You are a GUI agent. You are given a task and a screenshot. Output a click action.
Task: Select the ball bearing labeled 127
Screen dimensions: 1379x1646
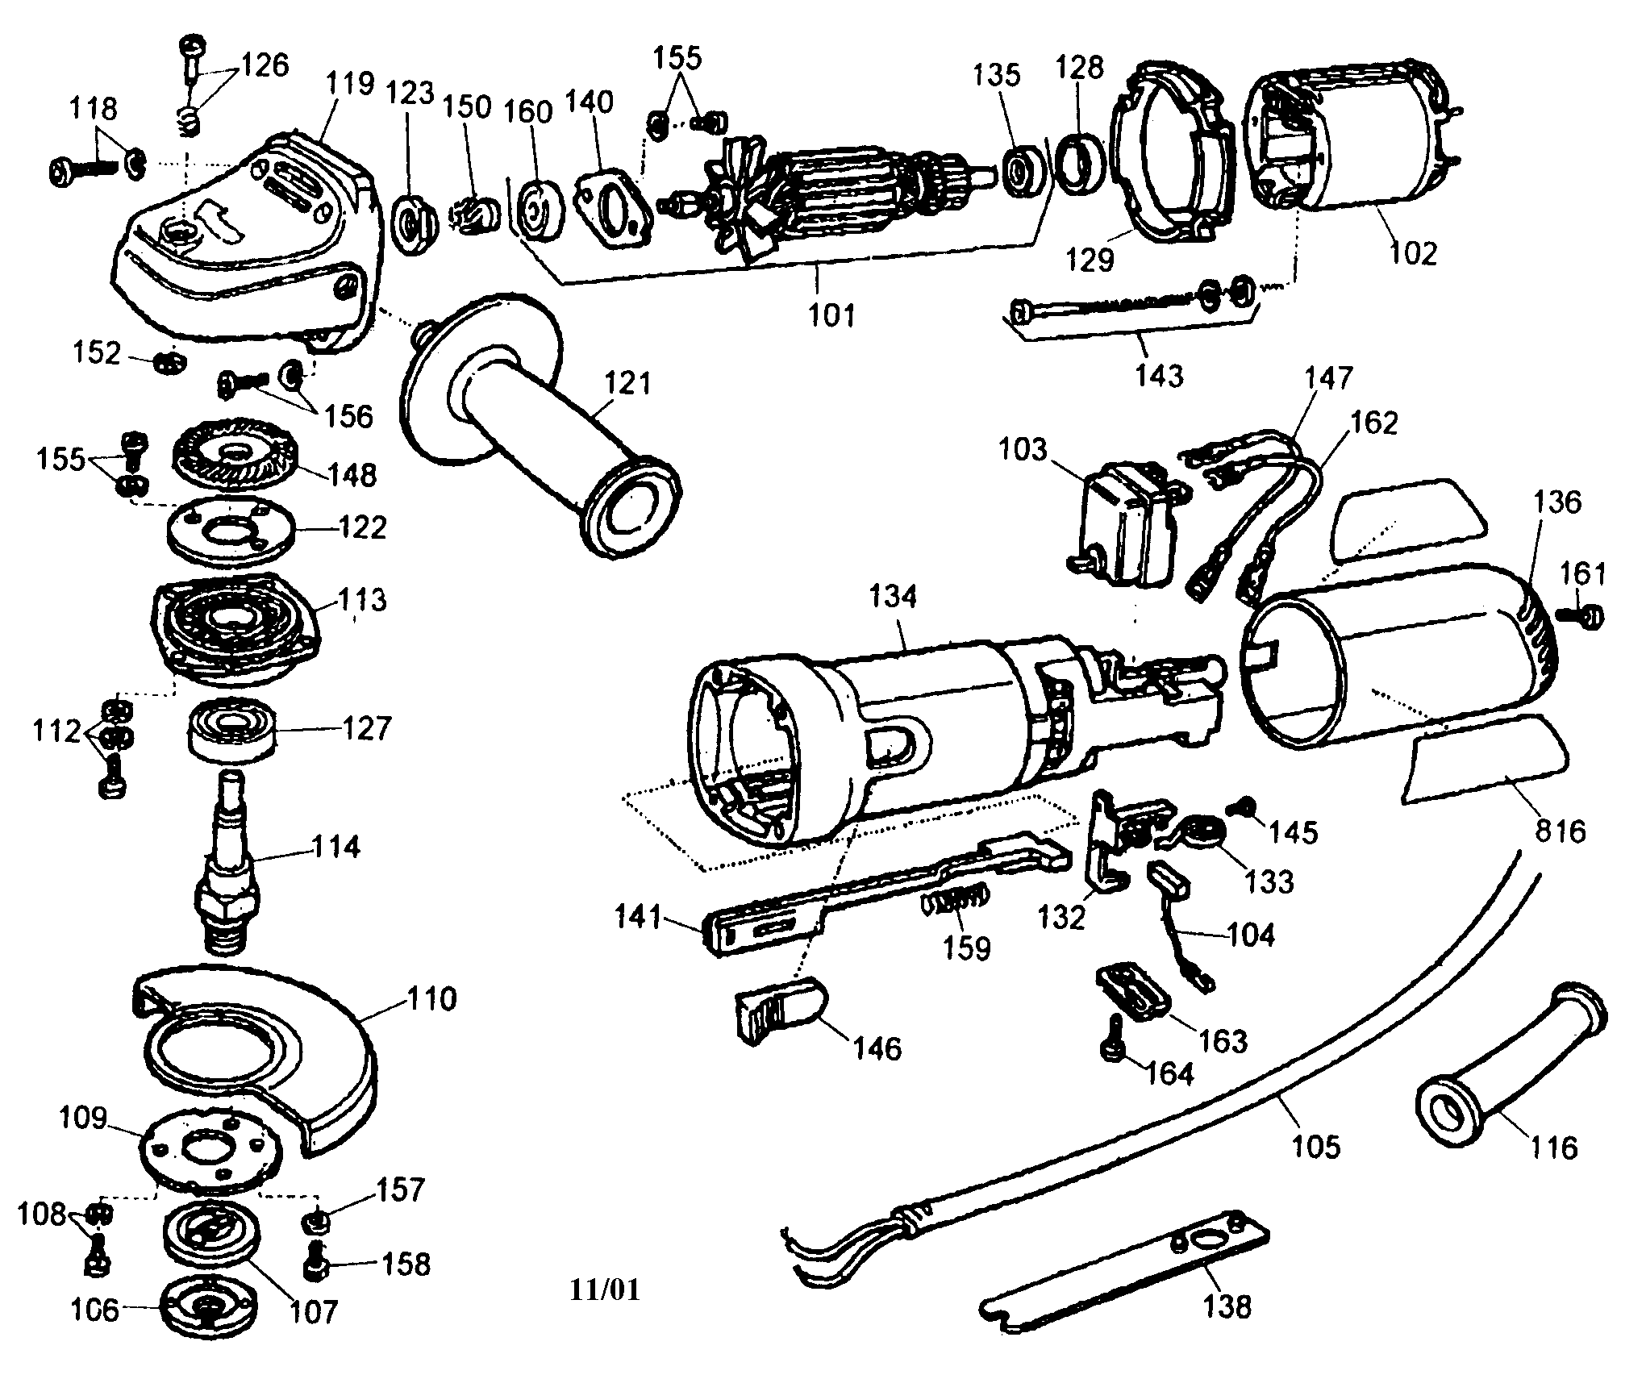231,728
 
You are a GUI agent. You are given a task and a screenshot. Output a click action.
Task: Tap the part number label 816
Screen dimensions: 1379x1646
1560,831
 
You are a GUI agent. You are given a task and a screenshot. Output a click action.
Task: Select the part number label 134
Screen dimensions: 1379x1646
893,597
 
